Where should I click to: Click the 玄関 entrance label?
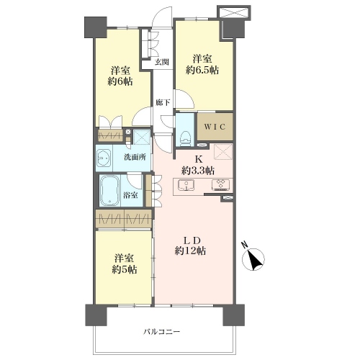point(161,62)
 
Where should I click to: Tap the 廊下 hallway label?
point(163,103)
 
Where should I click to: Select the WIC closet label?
point(215,127)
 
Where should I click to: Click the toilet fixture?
point(185,138)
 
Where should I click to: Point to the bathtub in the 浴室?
point(110,191)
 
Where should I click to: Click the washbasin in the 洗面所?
point(104,158)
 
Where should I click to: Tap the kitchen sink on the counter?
point(186,185)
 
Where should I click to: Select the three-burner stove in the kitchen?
point(220,185)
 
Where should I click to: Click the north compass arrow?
point(253,260)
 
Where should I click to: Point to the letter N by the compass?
point(245,245)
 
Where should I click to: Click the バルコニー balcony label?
point(162,332)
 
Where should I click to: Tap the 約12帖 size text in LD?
point(190,251)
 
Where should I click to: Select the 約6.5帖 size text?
point(202,70)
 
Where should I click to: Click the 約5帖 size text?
point(125,269)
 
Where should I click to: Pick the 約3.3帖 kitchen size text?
point(198,171)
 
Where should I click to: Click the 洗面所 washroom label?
point(135,157)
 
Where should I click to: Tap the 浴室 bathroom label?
point(130,195)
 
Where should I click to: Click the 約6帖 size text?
point(120,81)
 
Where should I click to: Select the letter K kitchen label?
point(198,159)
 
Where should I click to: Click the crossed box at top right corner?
point(234,12)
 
